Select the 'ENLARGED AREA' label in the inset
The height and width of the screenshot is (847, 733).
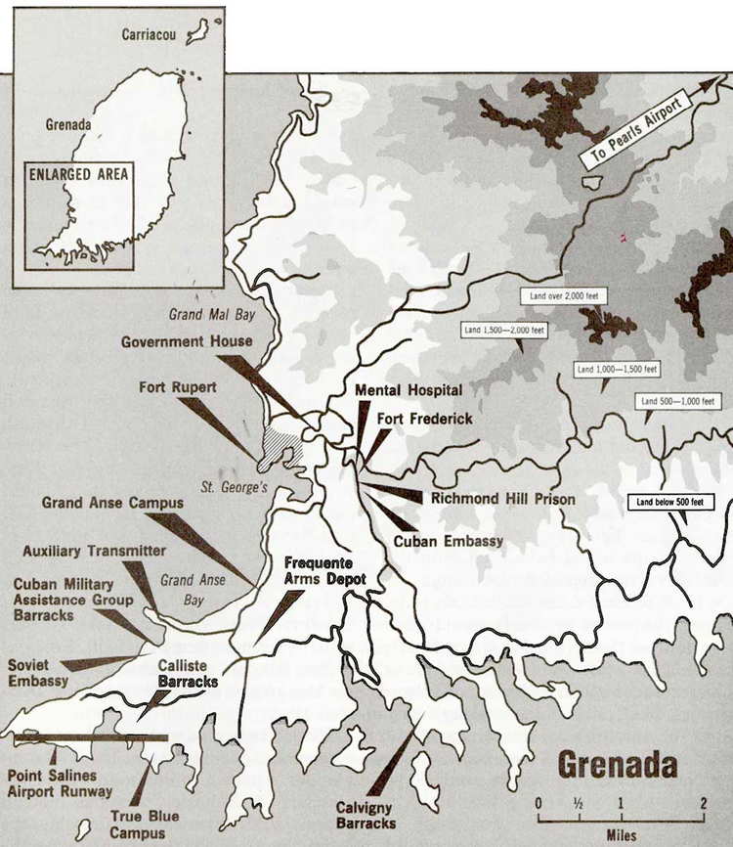tap(78, 176)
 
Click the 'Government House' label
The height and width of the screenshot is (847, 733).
tap(187, 341)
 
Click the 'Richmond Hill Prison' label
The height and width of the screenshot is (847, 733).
tap(503, 499)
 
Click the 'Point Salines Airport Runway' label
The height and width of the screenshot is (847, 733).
tap(59, 782)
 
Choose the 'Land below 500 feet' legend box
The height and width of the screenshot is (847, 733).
tap(670, 503)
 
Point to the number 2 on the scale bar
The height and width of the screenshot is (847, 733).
tap(702, 804)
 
